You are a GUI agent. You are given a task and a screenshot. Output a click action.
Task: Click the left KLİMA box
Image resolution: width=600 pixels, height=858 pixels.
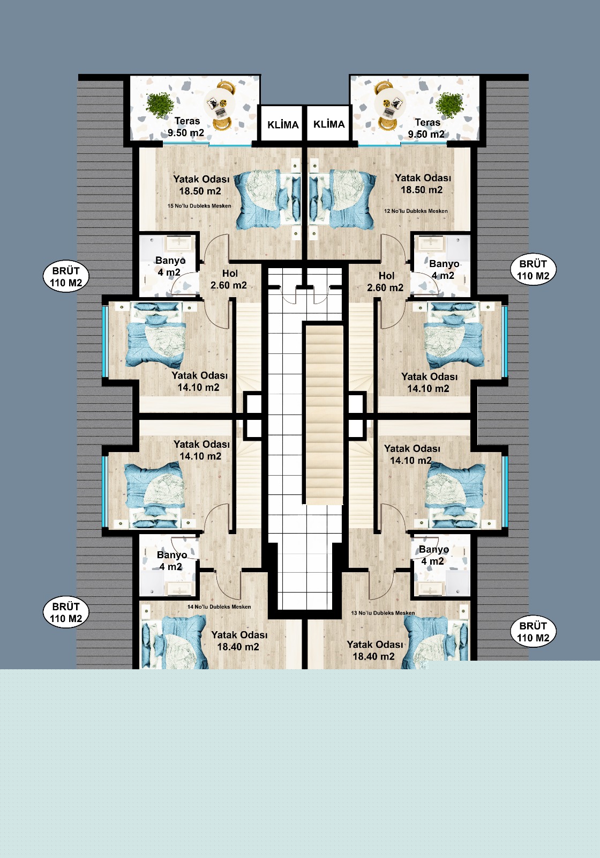(x=283, y=124)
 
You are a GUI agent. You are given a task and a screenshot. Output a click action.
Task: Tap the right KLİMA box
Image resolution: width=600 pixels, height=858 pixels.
(x=329, y=124)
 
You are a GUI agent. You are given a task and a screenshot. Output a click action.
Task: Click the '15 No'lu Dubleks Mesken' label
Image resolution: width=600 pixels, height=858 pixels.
(x=199, y=206)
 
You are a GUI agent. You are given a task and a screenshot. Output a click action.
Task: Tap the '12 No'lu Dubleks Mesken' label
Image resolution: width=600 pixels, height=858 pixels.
(x=416, y=211)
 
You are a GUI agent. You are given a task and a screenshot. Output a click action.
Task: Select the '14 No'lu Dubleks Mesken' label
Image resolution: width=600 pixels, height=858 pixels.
(x=219, y=606)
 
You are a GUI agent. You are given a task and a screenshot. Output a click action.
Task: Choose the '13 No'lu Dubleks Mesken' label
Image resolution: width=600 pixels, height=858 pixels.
(x=383, y=613)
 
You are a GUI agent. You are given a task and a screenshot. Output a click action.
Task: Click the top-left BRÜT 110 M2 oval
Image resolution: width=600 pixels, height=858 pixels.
(x=66, y=277)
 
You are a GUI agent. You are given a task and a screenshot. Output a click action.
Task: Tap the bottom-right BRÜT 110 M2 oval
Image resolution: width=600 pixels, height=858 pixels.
(x=533, y=632)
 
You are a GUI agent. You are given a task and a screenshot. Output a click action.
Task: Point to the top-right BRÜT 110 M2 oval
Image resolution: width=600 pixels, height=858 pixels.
(x=533, y=270)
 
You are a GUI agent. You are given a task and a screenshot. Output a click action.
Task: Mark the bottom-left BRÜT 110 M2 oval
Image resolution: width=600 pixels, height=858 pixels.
(x=66, y=613)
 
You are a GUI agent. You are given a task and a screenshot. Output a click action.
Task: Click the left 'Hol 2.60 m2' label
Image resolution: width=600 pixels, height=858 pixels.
(x=229, y=279)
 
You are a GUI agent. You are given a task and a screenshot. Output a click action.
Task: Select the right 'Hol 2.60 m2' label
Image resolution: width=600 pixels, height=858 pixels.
(x=385, y=282)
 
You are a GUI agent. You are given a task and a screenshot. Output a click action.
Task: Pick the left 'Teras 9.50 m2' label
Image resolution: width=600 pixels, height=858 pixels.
(x=186, y=127)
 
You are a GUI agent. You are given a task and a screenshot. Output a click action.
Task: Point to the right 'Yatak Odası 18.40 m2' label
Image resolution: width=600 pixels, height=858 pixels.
(x=374, y=650)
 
